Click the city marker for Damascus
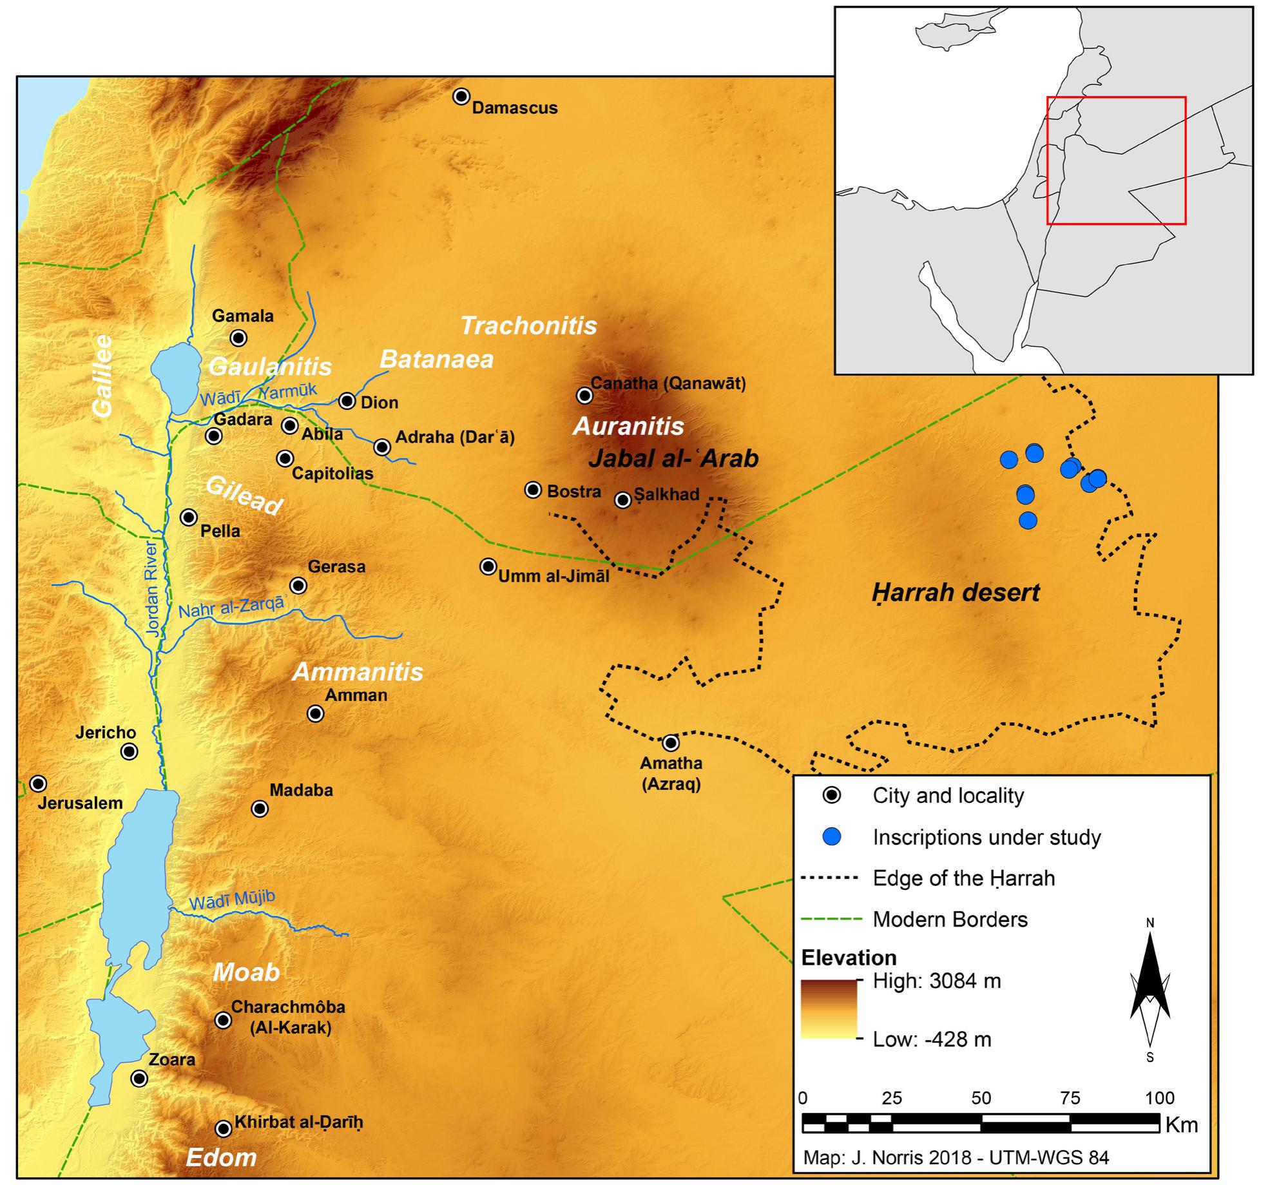point(461,97)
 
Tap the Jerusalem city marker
point(38,784)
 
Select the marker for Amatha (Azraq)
point(671,743)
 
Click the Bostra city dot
point(533,490)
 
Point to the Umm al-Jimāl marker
point(488,566)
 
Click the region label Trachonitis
point(528,325)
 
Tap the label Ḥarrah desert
point(956,592)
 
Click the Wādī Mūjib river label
point(231,901)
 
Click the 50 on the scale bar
point(981,1097)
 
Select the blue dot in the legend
point(832,837)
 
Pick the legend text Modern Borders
point(950,919)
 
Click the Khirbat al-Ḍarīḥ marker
point(223,1128)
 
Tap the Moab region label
point(246,972)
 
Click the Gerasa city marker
point(298,585)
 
